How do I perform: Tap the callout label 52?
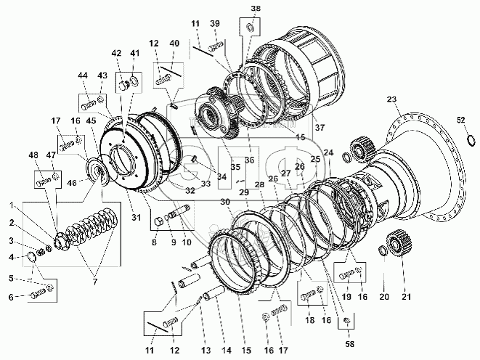click(460, 120)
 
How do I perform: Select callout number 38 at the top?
click(254, 9)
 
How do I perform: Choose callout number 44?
click(81, 76)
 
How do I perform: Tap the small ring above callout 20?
click(382, 251)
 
